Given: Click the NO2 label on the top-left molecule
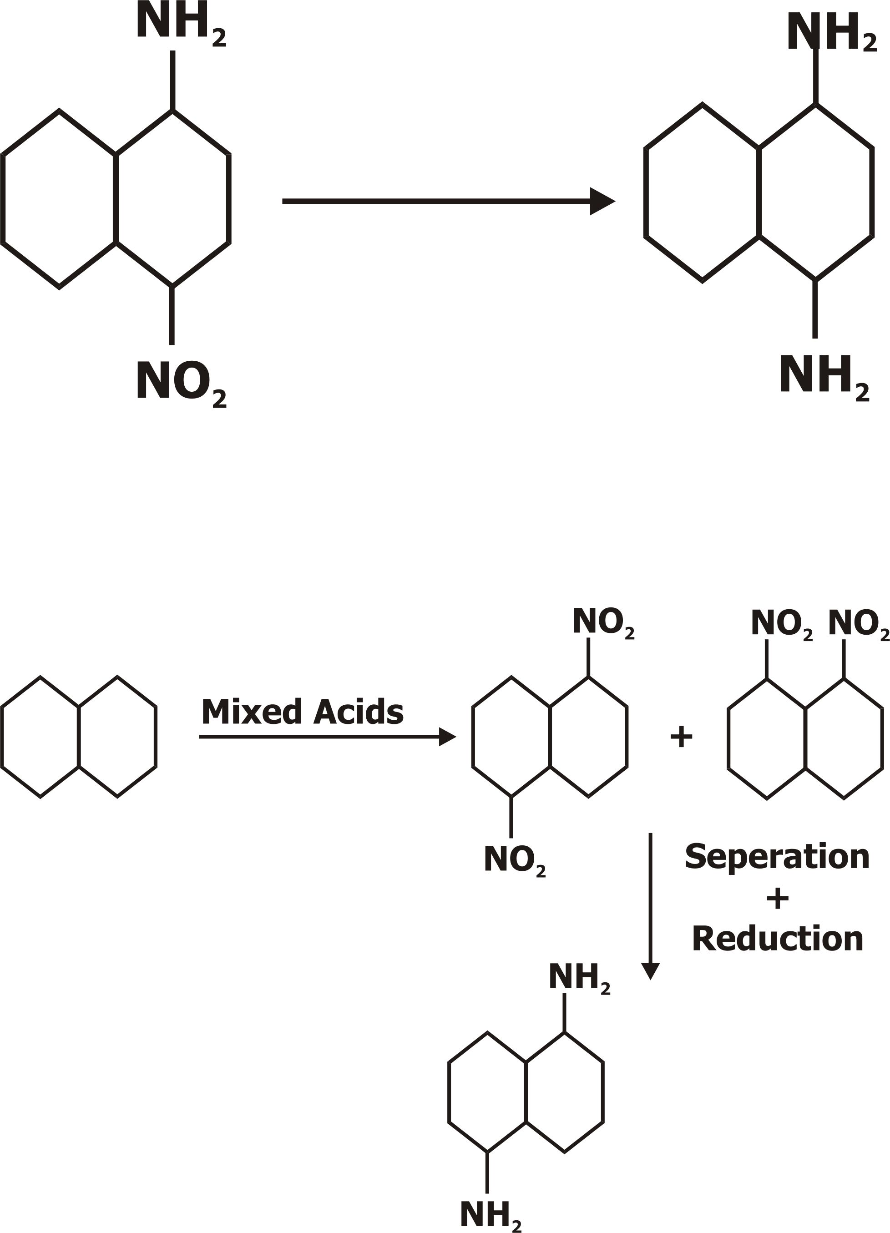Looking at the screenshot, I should click(x=181, y=383).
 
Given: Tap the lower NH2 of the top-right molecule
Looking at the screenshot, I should click(x=823, y=376).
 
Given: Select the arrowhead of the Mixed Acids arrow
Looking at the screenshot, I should click(x=447, y=737).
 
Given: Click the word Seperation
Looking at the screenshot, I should click(x=777, y=857).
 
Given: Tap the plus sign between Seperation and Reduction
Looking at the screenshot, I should click(x=778, y=899).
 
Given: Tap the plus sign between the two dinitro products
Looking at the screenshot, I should click(x=681, y=738).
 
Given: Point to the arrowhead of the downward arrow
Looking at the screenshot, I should click(x=650, y=970).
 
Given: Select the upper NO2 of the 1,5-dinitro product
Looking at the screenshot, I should click(x=603, y=622).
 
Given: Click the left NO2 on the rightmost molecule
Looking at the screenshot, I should click(x=781, y=624).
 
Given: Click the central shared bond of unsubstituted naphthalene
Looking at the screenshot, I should click(x=79, y=737).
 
